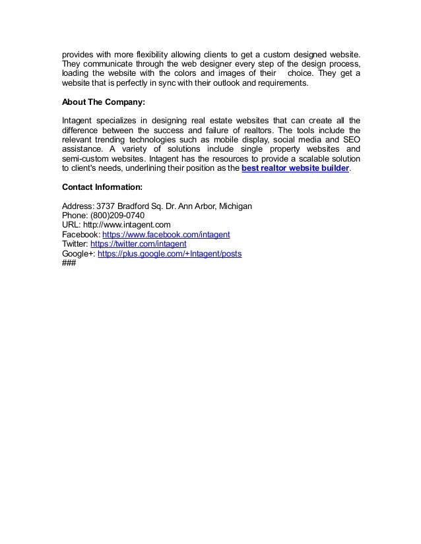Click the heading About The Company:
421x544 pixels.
pos(102,103)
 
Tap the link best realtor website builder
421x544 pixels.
pos(296,169)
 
